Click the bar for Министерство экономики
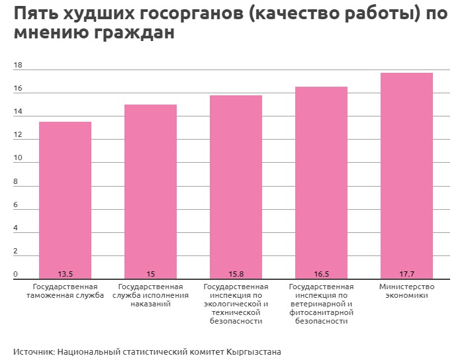406,175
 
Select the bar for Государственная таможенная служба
66,199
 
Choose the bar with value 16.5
321,182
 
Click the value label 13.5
66,274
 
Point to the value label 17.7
406,274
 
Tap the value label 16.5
321,274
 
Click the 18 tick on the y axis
18,66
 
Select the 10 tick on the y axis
18,159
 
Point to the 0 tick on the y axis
16,275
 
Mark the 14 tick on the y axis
18,112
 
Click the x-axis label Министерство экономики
406,291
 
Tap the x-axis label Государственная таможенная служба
66,291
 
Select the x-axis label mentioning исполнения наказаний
151,295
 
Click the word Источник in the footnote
33,351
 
